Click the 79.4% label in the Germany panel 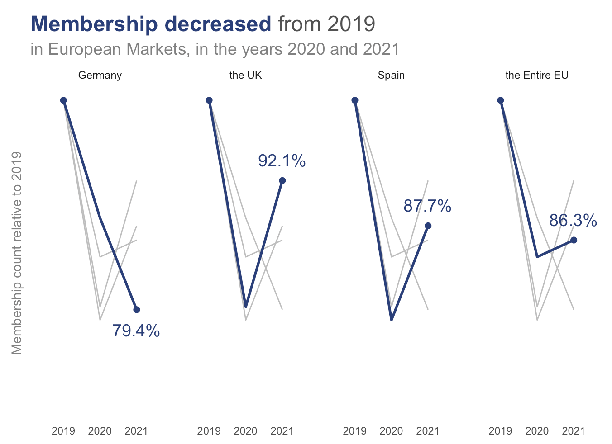(x=136, y=331)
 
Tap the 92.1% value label (x=282, y=161)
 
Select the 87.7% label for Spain (x=427, y=206)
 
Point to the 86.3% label (x=573, y=220)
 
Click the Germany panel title (x=100, y=76)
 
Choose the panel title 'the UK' (x=246, y=75)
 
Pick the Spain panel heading (x=391, y=76)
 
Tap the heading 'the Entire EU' (x=537, y=75)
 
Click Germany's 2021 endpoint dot (x=137, y=309)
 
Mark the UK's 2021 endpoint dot (x=282, y=181)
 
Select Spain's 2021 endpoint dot (x=428, y=226)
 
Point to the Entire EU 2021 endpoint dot (x=574, y=240)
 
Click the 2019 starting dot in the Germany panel (x=63, y=100)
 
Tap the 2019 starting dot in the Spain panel (x=354, y=100)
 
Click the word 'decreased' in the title (x=218, y=24)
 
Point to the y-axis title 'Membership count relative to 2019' (x=17, y=253)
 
